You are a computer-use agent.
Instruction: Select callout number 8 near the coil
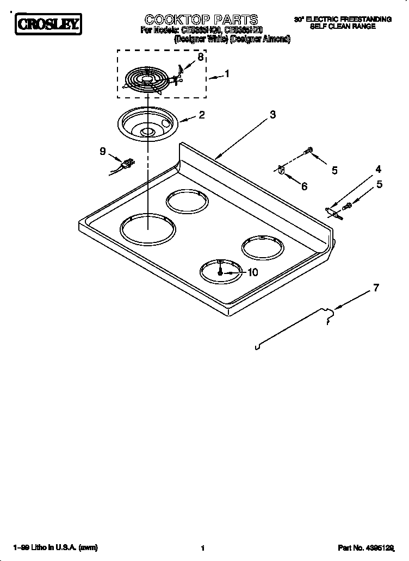pos(201,57)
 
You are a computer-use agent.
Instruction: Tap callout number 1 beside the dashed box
pos(227,74)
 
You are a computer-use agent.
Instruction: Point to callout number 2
pos(202,115)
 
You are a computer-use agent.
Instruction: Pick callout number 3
pos(272,115)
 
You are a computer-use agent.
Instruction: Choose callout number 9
pos(102,152)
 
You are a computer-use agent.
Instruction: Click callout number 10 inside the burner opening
pos(252,272)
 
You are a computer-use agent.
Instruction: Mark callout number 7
pos(376,288)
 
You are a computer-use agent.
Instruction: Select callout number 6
pos(304,186)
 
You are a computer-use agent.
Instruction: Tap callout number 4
pos(378,169)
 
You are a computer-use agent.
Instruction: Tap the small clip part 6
pos(281,170)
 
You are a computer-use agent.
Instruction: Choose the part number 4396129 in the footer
pos(374,548)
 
